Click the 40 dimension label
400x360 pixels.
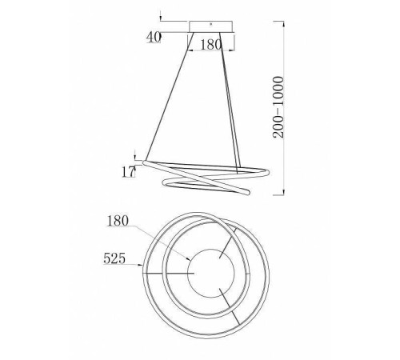(154, 38)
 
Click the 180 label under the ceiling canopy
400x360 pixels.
(210, 45)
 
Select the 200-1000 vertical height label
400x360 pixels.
(278, 107)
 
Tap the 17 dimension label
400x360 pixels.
(128, 172)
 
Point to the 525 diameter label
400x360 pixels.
(114, 258)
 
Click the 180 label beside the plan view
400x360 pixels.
(118, 221)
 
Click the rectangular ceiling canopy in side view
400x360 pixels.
(210, 26)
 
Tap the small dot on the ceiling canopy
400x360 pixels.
(210, 24)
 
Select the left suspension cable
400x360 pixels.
(170, 96)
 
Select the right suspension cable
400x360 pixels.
(230, 103)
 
